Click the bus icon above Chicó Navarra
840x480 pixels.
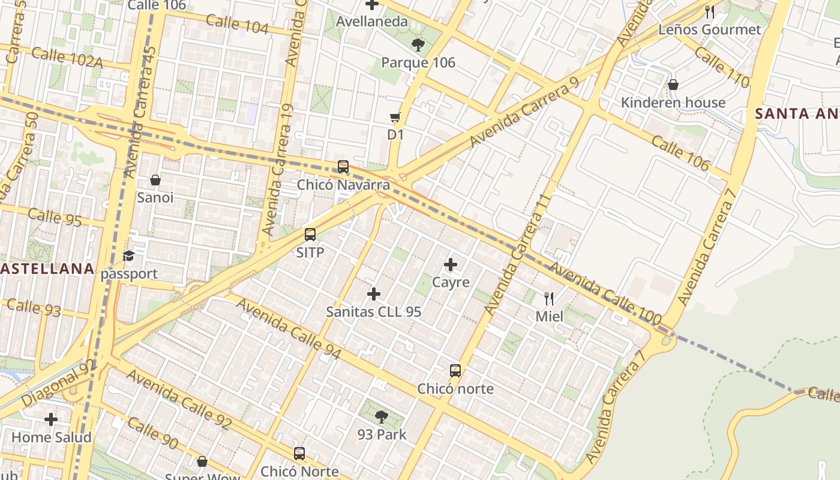tap(343, 167)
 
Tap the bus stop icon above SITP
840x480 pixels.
tap(310, 235)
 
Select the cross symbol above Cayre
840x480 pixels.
tap(451, 265)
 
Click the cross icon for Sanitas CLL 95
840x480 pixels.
tap(374, 294)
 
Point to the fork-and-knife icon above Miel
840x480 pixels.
tap(549, 298)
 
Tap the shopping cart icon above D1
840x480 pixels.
tap(395, 117)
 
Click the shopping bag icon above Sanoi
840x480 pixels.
tap(155, 180)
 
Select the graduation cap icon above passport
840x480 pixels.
tap(129, 256)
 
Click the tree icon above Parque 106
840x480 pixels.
tap(418, 44)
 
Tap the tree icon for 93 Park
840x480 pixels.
tap(382, 416)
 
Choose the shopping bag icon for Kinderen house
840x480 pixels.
tap(673, 85)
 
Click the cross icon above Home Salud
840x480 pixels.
tap(51, 419)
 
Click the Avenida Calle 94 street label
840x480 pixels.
tap(288, 329)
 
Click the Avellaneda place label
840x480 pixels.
tap(372, 22)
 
